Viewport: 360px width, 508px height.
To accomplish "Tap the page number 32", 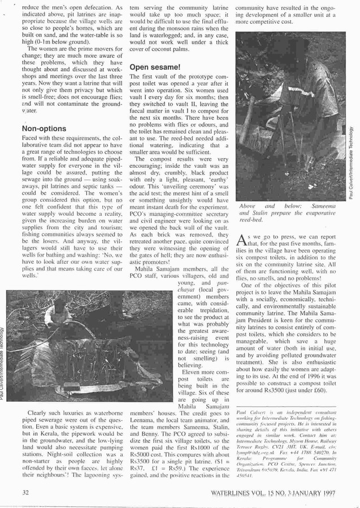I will pyautogui.click(x=25, y=493).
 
